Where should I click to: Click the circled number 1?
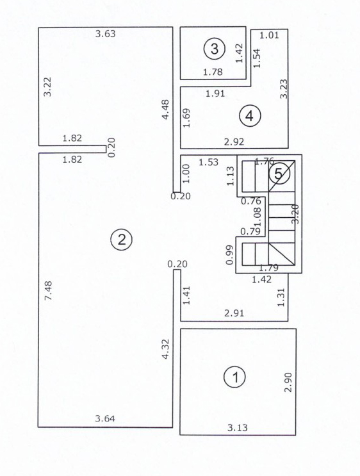(234, 376)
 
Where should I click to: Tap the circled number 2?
(121, 240)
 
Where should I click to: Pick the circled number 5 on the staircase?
(278, 174)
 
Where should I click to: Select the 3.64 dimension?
(105, 419)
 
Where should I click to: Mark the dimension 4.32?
(165, 350)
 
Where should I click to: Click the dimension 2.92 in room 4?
(233, 141)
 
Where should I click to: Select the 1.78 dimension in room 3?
(213, 72)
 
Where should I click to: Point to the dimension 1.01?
(270, 35)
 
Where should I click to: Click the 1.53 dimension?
(208, 162)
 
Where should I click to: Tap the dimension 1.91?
(216, 94)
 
